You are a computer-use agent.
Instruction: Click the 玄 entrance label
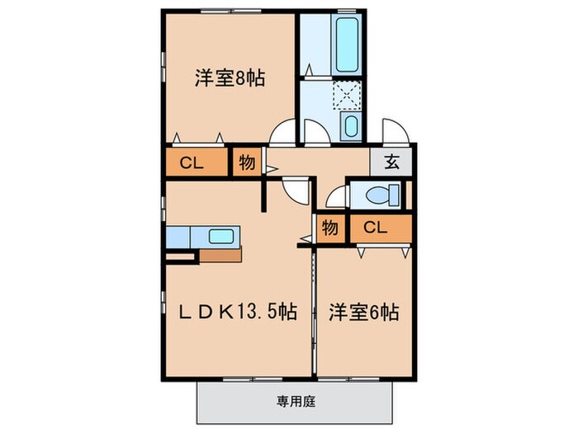[392, 162]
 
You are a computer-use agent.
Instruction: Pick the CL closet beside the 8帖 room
[192, 162]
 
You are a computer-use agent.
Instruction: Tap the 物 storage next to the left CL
[246, 162]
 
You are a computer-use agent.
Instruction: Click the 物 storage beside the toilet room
[329, 227]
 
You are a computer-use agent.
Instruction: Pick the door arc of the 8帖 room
[283, 132]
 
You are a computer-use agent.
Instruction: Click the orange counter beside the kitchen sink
[220, 254]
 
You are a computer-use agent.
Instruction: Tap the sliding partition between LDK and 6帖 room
[314, 313]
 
